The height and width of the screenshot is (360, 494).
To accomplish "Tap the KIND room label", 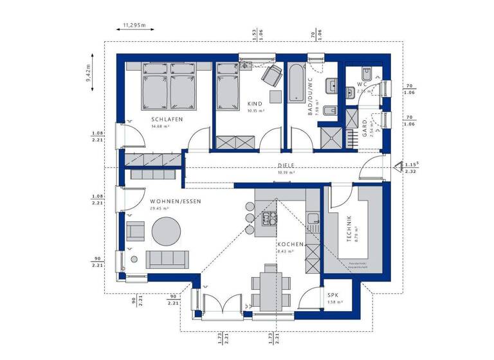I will point(255,104).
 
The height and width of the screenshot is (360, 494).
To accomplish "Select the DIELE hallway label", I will point(286,165).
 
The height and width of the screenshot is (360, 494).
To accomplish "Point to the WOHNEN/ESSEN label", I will point(176,201).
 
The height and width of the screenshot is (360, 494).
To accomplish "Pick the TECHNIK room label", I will point(348,228).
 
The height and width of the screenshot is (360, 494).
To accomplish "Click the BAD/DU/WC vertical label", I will point(310,96).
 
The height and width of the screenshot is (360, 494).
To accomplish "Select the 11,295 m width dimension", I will point(131,26).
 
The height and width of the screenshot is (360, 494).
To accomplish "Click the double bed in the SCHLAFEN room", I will point(170,91).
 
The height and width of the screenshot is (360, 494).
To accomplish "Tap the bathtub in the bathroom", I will point(297,82).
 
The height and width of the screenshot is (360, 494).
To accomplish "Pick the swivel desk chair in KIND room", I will point(271,75).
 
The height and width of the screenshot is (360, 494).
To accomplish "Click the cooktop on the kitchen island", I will point(268,220).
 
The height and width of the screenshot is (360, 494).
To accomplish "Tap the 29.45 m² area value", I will point(160,208).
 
